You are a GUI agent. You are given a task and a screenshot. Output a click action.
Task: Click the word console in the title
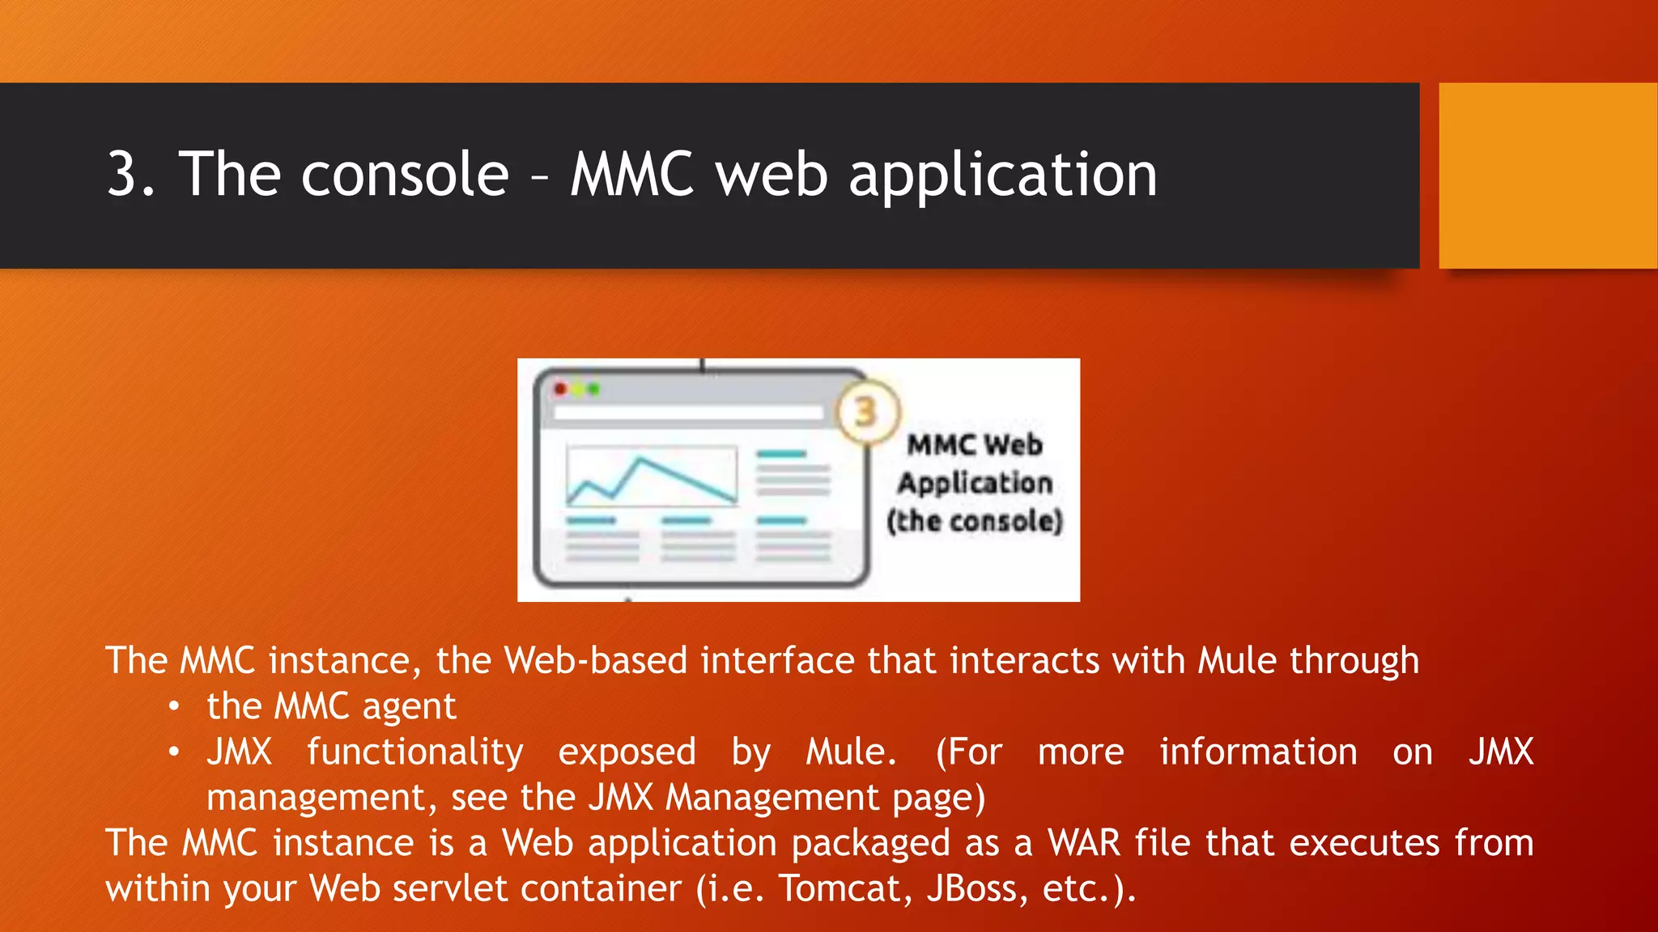point(405,174)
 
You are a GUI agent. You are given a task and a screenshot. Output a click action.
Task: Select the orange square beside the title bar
point(1547,175)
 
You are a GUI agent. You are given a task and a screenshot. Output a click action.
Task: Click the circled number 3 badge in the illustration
point(866,413)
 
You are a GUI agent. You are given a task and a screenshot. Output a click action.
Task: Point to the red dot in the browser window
point(560,389)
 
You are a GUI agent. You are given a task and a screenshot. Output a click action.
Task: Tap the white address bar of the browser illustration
point(687,413)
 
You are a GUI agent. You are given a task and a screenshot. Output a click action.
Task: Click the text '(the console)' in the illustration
point(974,521)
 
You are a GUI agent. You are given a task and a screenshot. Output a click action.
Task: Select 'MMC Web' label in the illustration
point(974,445)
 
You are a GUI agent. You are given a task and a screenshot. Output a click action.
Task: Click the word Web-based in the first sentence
point(596,660)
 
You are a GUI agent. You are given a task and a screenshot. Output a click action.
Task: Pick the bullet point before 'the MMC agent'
point(173,706)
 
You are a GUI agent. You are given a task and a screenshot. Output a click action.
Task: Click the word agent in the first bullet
point(409,707)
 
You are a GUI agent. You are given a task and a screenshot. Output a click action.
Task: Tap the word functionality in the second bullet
point(414,752)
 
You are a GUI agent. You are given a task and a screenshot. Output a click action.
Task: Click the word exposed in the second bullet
point(627,752)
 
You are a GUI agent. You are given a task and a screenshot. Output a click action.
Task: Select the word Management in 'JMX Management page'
point(772,798)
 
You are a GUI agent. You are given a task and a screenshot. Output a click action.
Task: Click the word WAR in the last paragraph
point(1085,843)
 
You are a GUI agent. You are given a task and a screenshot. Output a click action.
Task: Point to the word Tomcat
point(840,888)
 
